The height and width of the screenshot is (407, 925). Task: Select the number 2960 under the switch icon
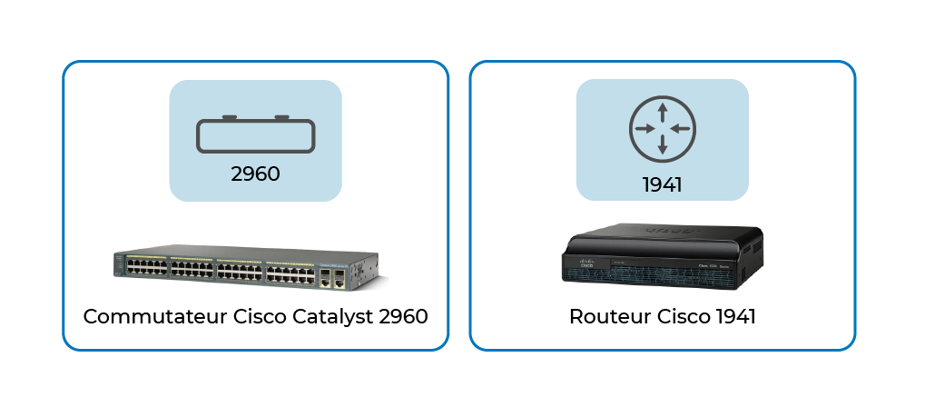(x=255, y=174)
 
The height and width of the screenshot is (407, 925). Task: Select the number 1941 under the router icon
(x=662, y=185)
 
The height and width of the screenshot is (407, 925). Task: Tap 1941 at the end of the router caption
(x=735, y=317)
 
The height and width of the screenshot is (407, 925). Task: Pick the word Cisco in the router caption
(x=684, y=317)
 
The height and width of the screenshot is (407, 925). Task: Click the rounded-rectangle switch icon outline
(x=255, y=152)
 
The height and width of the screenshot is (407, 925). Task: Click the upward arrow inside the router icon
(x=663, y=113)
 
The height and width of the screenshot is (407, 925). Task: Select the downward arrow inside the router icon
(x=663, y=144)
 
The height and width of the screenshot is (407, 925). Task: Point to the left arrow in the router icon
(x=646, y=129)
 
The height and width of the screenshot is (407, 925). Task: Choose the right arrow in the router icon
(x=679, y=129)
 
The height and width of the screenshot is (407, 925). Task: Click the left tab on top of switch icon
(x=230, y=117)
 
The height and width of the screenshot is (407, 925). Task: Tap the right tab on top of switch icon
(x=282, y=117)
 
